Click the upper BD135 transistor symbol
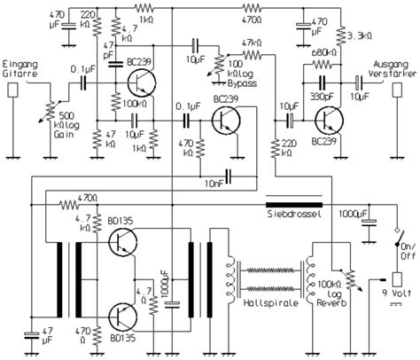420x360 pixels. (x=122, y=243)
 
